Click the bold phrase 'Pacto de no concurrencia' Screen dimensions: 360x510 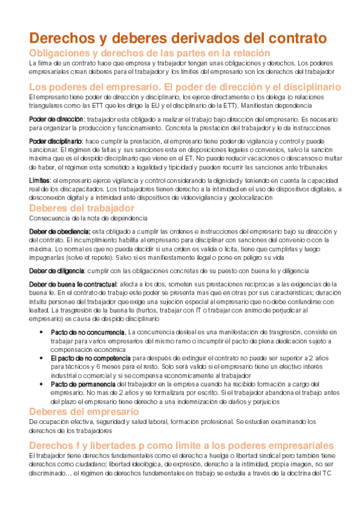pos(88,332)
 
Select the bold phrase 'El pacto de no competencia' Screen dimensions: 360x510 pos(90,358)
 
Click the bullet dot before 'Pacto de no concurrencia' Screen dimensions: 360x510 pos(40,332)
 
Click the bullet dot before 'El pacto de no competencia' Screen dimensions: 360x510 pos(40,358)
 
